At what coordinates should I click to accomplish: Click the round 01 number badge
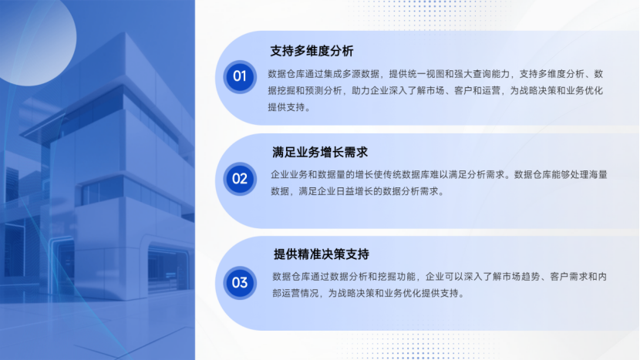[240, 77]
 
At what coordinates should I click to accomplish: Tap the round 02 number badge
[240, 179]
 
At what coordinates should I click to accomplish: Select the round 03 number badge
[240, 283]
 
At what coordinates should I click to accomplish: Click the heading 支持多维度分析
[312, 51]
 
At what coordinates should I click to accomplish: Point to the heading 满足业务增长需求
[320, 152]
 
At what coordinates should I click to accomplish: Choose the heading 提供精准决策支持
[322, 254]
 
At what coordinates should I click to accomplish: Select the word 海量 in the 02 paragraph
[598, 175]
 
